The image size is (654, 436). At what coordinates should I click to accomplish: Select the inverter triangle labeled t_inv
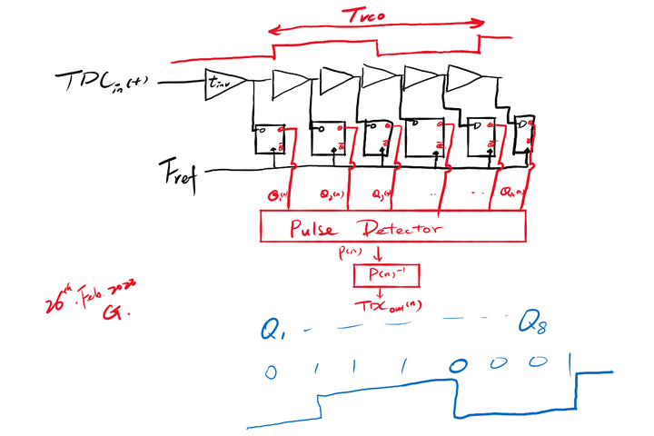(x=222, y=83)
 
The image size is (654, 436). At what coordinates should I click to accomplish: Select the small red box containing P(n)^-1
(x=387, y=272)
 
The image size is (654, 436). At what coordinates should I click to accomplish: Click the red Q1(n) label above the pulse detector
(x=273, y=193)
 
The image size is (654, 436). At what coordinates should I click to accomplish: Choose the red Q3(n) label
(x=381, y=193)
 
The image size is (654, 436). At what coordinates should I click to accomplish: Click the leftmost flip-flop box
(x=270, y=139)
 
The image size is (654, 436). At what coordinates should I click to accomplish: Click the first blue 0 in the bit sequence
(x=270, y=371)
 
